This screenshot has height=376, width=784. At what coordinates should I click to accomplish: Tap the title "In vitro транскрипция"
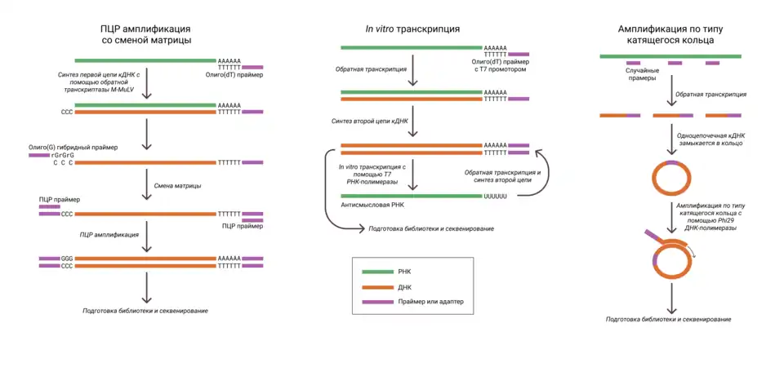(x=412, y=29)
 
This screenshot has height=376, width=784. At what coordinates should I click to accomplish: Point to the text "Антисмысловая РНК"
(x=375, y=206)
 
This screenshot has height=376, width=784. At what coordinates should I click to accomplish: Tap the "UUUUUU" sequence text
(x=496, y=197)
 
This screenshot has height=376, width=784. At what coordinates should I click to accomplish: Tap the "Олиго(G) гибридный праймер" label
(x=73, y=147)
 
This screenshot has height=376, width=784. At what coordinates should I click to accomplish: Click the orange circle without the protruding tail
(x=671, y=177)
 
